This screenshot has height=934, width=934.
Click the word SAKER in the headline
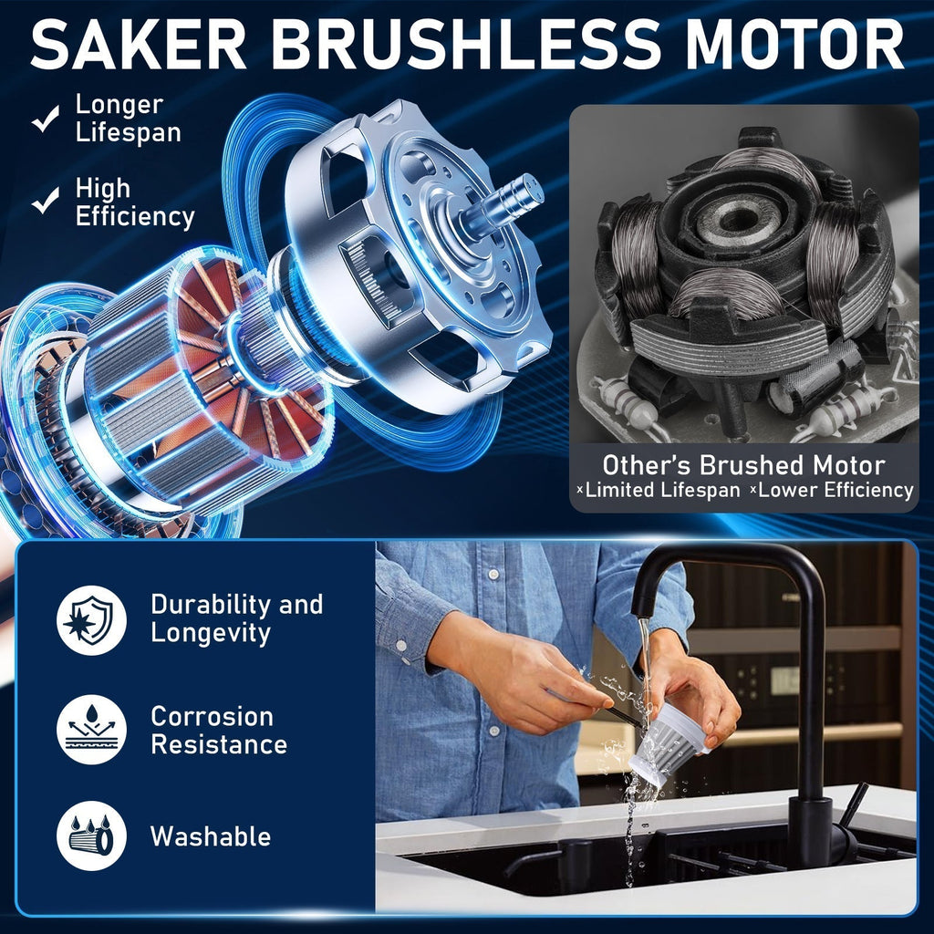pyautogui.click(x=139, y=45)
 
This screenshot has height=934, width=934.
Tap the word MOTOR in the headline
pyautogui.click(x=794, y=45)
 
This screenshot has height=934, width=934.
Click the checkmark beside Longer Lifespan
pyautogui.click(x=46, y=118)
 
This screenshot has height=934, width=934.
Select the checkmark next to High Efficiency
pyautogui.click(x=46, y=200)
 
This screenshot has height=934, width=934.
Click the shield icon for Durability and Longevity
pyautogui.click(x=91, y=620)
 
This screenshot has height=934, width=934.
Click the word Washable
pyautogui.click(x=211, y=836)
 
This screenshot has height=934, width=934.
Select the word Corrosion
pyautogui.click(x=212, y=717)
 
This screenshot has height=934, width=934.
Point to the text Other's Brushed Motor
pyautogui.click(x=743, y=464)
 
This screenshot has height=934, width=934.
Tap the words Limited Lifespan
pyautogui.click(x=662, y=490)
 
